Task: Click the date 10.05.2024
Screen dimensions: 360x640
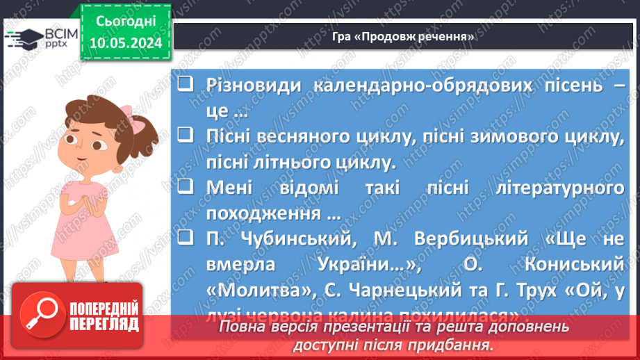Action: pos(125,43)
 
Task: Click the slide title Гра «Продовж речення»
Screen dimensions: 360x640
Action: pos(402,36)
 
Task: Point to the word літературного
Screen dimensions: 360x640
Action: pos(551,188)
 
